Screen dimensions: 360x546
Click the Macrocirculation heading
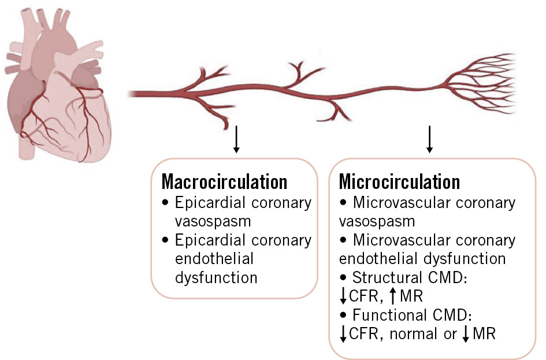pos(224,181)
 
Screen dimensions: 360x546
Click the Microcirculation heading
pos(399,181)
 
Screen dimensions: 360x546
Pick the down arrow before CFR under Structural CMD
pos(343,297)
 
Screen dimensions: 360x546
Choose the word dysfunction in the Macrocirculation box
pos(216,278)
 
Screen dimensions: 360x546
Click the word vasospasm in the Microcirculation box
pos(377,221)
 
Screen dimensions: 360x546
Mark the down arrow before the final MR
pos(466,335)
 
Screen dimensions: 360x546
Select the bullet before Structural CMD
pos(344,279)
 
